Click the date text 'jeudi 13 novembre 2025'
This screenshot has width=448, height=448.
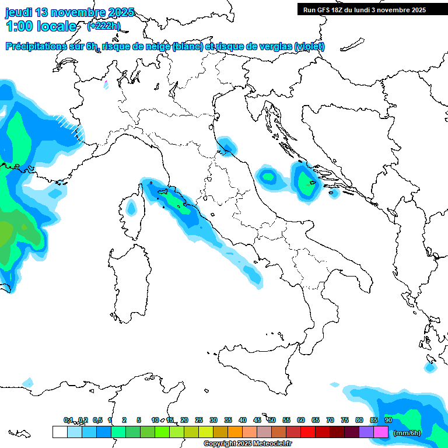point(70,12)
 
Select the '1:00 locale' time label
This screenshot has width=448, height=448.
point(41,26)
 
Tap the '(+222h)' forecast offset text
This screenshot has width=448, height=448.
point(104,26)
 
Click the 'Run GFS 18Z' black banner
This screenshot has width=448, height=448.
point(365,10)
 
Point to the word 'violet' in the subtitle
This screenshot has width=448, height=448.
point(309,47)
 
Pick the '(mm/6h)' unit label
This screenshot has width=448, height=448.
point(407,433)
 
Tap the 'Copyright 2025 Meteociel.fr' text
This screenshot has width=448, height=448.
point(247,444)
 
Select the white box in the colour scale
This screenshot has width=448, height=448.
point(60,432)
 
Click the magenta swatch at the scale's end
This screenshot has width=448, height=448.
point(381,432)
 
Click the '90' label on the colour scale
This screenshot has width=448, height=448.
point(388,420)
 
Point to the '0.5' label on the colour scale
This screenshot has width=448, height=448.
point(97,420)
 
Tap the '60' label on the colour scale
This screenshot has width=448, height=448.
point(301,420)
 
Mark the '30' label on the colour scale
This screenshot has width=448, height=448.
point(213,420)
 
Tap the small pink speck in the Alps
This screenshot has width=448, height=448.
point(106,85)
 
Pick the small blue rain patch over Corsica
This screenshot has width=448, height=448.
point(131,207)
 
